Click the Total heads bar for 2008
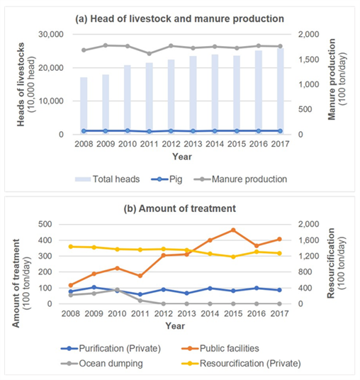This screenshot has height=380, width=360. tap(84, 106)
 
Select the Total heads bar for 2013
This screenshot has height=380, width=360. tap(193, 95)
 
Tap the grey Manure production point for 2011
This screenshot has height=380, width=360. tap(150, 54)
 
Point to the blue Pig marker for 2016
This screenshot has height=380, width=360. tap(259, 131)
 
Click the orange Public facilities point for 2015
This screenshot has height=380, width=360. tap(233, 230)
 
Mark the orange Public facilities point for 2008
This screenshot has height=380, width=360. tap(71, 285)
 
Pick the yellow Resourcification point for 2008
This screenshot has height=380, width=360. tap(71, 247)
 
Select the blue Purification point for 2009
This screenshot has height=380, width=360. tap(94, 287)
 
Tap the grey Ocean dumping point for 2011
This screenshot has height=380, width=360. tap(140, 301)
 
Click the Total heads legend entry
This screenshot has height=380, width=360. tap(107, 179)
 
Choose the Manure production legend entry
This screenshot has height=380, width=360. tap(240, 179)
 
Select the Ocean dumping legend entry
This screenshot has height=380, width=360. tap(102, 364)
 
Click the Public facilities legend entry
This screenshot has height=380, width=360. tap(220, 349)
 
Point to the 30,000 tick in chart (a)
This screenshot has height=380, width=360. tap(51, 34)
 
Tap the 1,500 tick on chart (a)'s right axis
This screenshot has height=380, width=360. tap(308, 60)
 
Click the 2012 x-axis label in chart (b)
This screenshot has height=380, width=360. tap(163, 313)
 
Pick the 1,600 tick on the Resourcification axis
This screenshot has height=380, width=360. tap(308, 240)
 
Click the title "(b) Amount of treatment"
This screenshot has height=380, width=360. tap(180, 208)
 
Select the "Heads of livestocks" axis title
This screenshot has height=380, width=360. tap(21, 84)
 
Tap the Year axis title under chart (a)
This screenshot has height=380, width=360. tap(182, 157)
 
